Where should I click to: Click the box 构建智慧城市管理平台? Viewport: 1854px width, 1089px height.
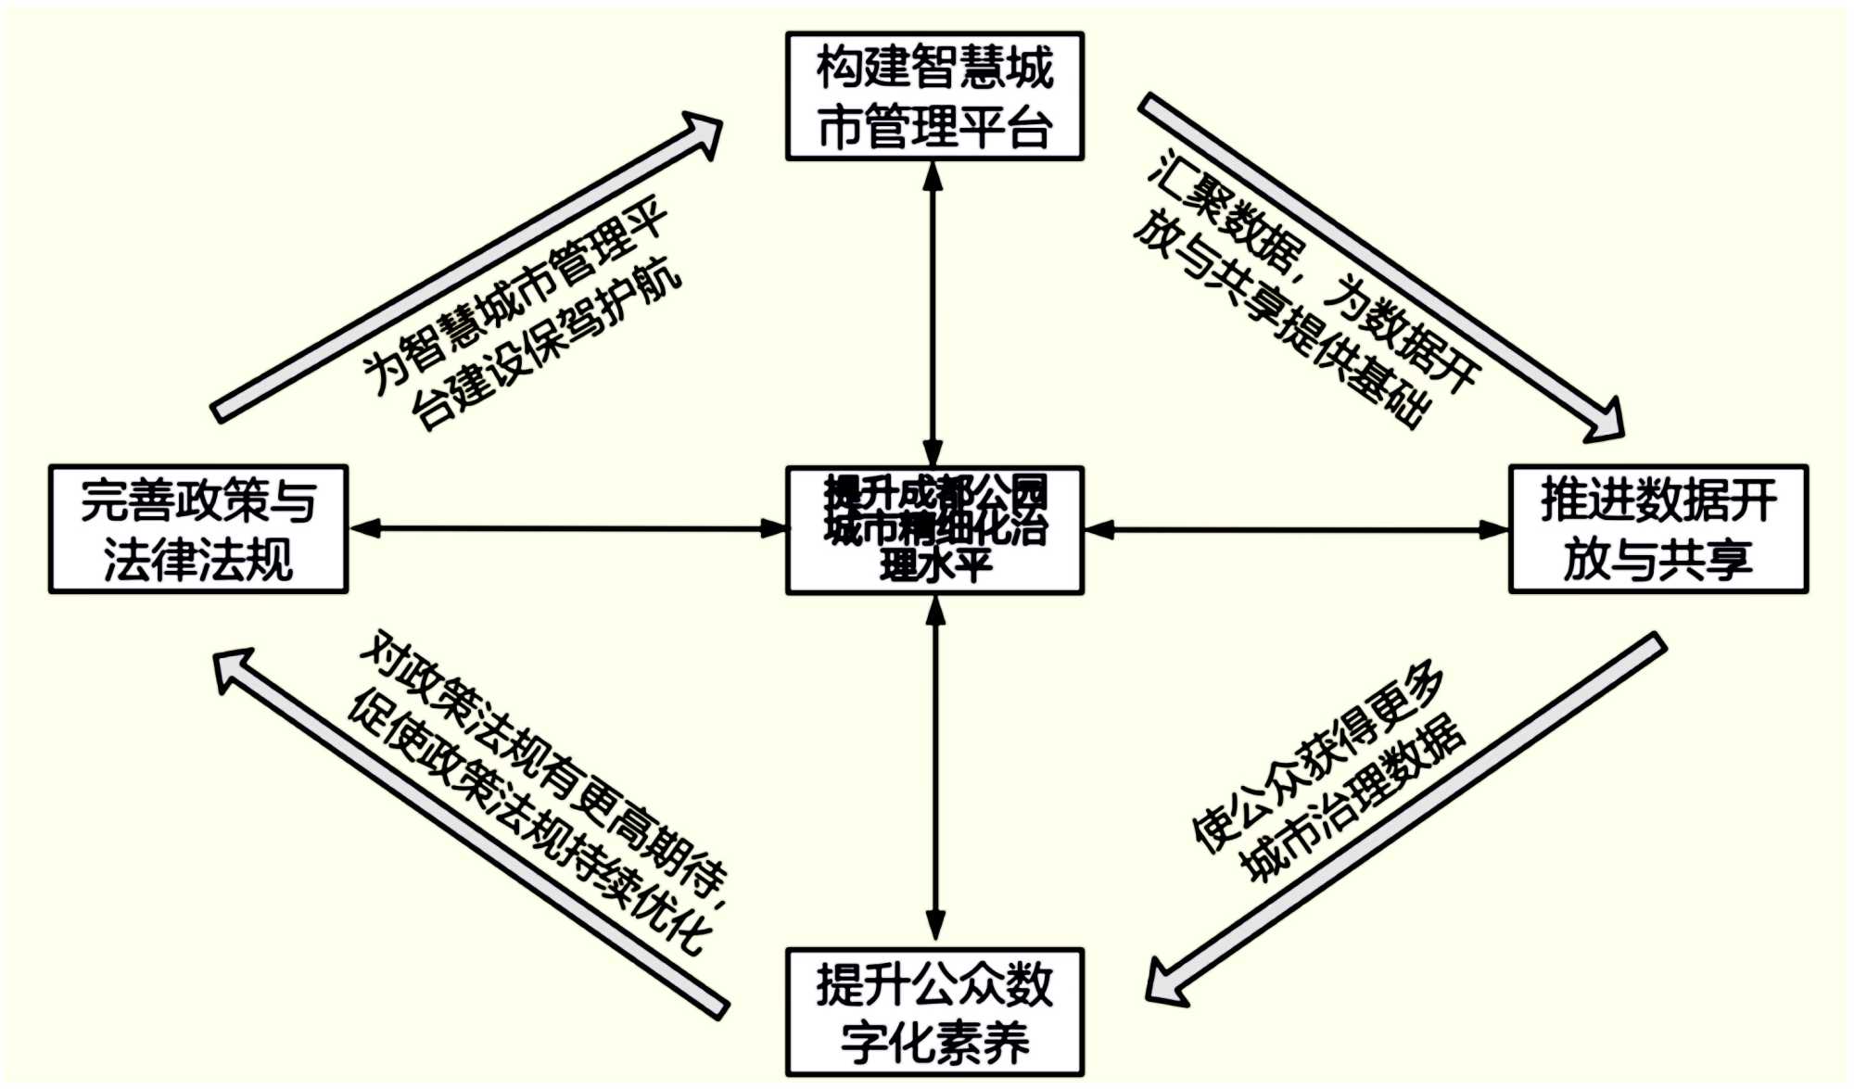[x=934, y=96]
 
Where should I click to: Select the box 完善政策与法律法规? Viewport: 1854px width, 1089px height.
[x=198, y=529]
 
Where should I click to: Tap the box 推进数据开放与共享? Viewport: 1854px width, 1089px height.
[x=1658, y=529]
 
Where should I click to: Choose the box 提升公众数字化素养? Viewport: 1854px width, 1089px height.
[x=934, y=1012]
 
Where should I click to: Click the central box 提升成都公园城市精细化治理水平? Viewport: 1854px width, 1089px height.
[x=934, y=529]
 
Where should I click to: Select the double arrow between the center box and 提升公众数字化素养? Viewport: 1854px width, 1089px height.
[x=935, y=769]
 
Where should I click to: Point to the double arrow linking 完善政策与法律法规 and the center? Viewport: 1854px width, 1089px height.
[x=567, y=529]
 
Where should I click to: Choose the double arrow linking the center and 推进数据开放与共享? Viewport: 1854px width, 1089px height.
[x=1296, y=530]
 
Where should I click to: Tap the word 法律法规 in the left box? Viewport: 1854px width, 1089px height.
[x=198, y=559]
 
